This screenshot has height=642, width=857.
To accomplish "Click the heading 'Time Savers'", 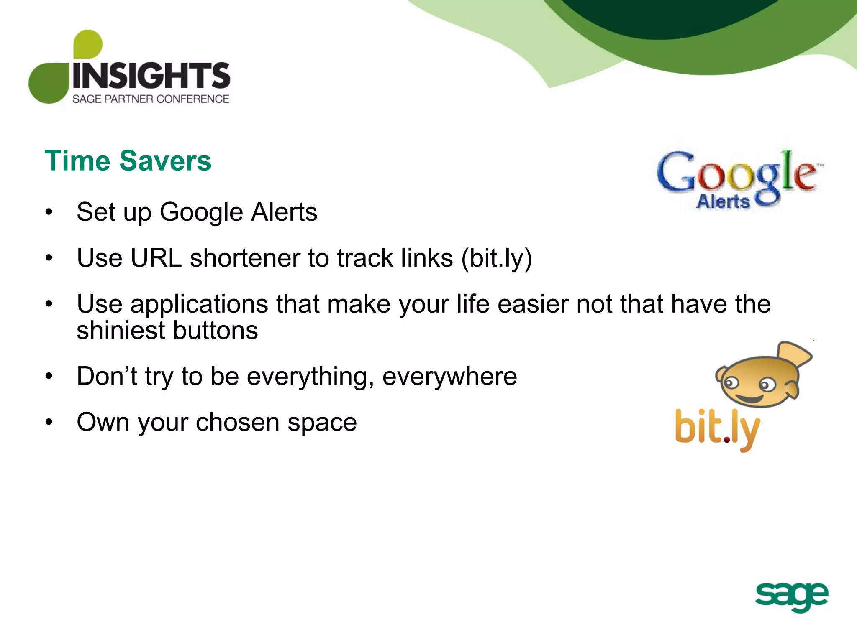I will [x=128, y=161].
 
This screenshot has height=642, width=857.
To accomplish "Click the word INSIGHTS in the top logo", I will [x=151, y=76].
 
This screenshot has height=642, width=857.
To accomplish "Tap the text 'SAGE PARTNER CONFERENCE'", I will [x=151, y=99].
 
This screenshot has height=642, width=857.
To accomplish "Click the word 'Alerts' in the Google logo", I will [x=723, y=202].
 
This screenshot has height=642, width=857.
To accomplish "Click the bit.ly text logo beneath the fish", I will [x=717, y=429].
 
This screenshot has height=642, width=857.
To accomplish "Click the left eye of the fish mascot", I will [x=731, y=382].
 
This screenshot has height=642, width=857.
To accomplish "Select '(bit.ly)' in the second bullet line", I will [x=497, y=259].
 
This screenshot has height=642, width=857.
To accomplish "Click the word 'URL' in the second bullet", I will [x=156, y=258].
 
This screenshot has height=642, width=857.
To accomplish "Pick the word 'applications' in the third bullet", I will [x=199, y=305].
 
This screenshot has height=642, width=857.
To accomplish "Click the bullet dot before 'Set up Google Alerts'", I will [x=49, y=212].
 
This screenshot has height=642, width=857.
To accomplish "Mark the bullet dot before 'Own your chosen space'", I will [x=49, y=423].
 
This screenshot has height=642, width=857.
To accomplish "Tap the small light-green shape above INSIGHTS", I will [x=88, y=44].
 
